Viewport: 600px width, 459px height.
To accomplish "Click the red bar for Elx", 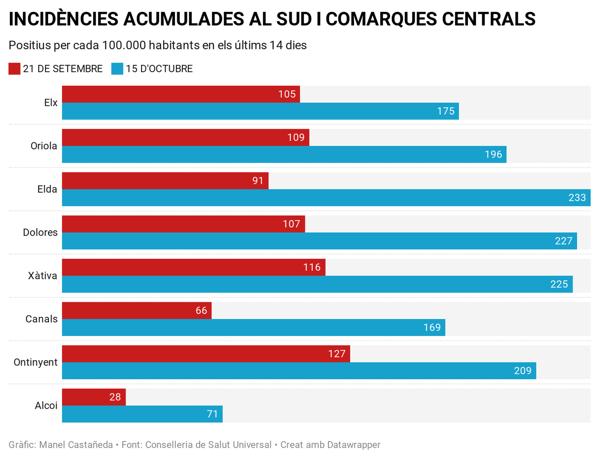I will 181,94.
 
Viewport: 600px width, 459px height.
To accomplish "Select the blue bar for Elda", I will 326,198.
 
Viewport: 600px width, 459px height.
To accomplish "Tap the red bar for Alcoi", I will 94,397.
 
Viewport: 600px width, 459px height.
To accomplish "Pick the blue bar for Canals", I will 253,328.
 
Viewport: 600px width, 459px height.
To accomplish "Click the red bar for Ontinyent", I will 206,354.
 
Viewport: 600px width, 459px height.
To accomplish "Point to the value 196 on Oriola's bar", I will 493,155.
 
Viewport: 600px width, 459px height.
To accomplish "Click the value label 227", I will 564,241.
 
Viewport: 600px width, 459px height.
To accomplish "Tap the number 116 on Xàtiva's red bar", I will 312,267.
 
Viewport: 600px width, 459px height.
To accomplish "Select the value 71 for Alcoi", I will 212,414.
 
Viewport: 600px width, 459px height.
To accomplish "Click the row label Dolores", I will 40,232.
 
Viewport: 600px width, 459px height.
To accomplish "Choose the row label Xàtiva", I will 42,276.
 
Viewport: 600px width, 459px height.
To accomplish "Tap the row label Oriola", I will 44,146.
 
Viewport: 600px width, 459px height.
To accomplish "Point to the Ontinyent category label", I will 36,362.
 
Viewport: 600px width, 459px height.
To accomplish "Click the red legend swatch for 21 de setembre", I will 14,69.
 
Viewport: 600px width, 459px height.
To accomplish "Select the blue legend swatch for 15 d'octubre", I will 117,69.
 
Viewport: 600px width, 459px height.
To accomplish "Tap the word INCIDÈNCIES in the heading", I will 63,19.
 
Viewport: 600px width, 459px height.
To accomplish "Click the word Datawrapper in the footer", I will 354,445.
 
